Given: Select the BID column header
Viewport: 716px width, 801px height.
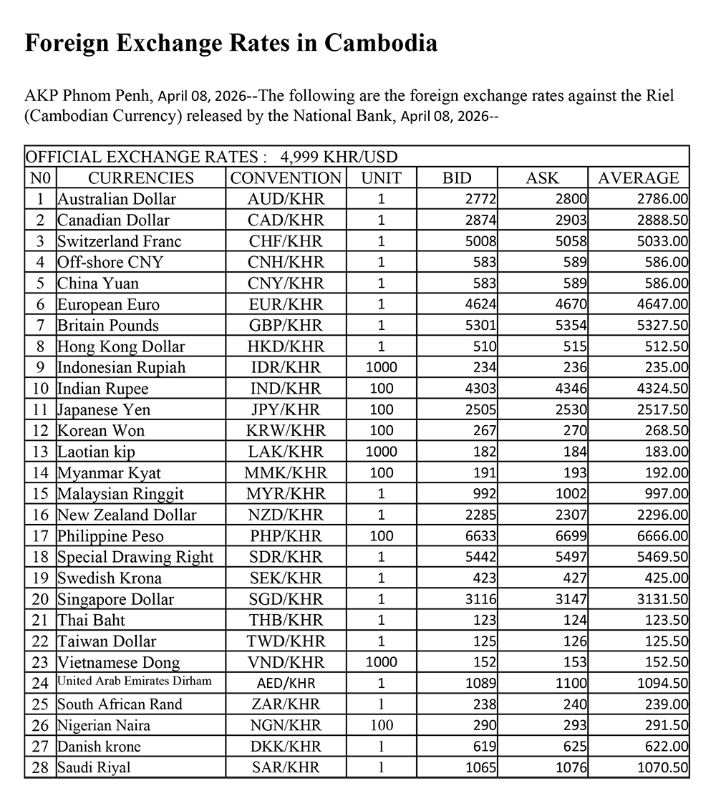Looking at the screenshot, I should pyautogui.click(x=457, y=178).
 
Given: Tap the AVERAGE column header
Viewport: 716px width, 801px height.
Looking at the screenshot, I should pyautogui.click(x=638, y=178).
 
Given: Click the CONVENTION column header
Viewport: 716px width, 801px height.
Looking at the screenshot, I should pyautogui.click(x=286, y=178).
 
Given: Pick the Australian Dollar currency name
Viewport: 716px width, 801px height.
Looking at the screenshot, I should pyautogui.click(x=117, y=199).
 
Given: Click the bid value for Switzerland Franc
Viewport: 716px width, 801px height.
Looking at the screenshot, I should pyautogui.click(x=481, y=241).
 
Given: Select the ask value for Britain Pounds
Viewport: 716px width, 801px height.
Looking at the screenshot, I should pyautogui.click(x=571, y=326).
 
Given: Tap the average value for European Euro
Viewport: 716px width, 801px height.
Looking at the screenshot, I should pyautogui.click(x=662, y=304).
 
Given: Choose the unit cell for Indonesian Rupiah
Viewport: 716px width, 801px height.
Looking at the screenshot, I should pyautogui.click(x=381, y=368).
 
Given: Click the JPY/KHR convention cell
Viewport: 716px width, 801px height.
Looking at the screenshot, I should pyautogui.click(x=286, y=410).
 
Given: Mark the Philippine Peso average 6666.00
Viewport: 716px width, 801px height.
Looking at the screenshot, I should pyautogui.click(x=662, y=536).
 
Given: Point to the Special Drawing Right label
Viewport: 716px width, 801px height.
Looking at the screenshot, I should pyautogui.click(x=136, y=557).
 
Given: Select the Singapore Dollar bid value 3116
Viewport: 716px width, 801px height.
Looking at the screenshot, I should pyautogui.click(x=481, y=599).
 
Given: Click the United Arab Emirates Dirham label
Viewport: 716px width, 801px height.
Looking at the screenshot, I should pyautogui.click(x=135, y=681).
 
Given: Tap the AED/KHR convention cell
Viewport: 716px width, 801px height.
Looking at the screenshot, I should pyautogui.click(x=286, y=684).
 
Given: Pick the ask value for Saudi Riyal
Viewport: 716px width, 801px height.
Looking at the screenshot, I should pyautogui.click(x=571, y=768).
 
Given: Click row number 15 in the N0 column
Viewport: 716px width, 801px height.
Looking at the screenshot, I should pyautogui.click(x=41, y=494).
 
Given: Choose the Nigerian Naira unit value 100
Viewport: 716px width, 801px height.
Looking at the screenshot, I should pyautogui.click(x=381, y=726).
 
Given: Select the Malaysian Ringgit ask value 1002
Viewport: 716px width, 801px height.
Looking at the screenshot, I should pyautogui.click(x=571, y=494).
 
